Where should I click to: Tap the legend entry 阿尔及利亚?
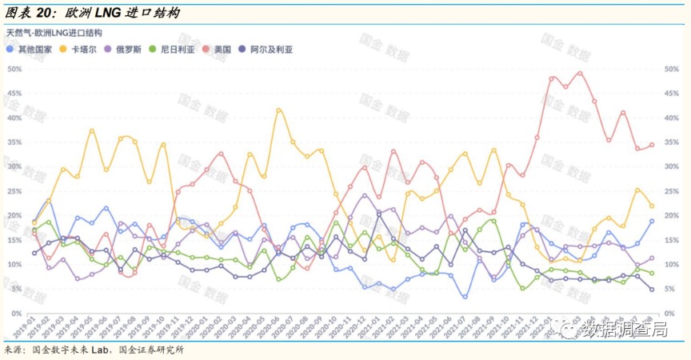click(x=267, y=49)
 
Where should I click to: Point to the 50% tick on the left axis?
click(x=14, y=69)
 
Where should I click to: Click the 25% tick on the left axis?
click(x=14, y=191)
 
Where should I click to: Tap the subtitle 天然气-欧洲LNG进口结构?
click(x=54, y=33)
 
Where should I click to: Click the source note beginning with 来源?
click(x=99, y=350)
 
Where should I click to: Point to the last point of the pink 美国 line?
click(x=652, y=145)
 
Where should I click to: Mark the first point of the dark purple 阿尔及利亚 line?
click(x=34, y=253)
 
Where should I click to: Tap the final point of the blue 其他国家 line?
click(x=652, y=221)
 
